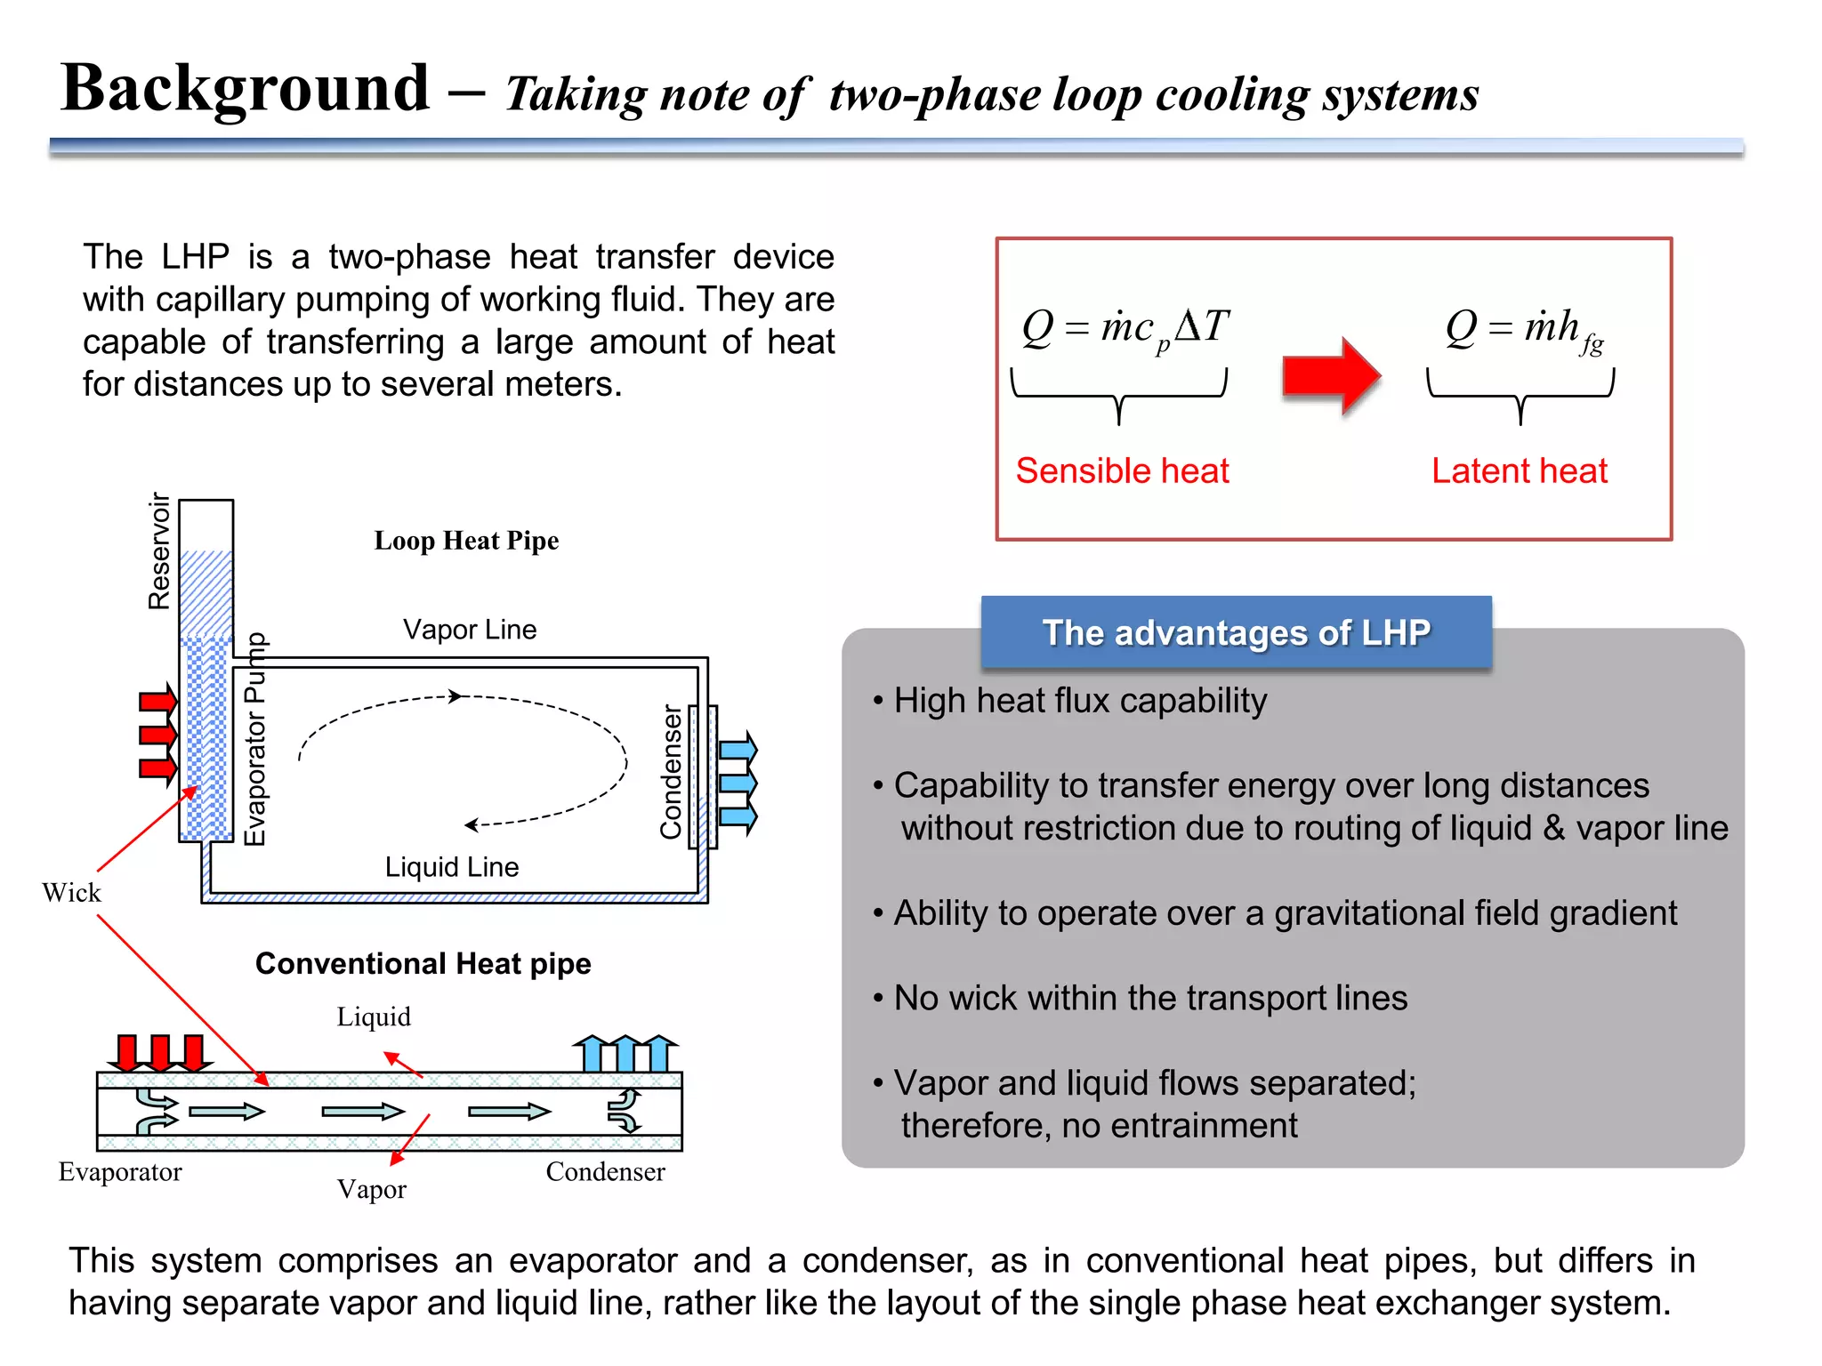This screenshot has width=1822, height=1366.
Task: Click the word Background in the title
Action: (x=246, y=89)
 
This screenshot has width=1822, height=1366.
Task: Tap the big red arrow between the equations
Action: (x=1330, y=376)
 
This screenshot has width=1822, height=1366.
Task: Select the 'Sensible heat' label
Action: (x=1122, y=470)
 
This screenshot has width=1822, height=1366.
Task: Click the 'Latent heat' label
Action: (x=1519, y=470)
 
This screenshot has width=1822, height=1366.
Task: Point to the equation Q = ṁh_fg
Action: (x=1523, y=329)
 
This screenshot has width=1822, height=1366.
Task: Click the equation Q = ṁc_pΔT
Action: (x=1125, y=328)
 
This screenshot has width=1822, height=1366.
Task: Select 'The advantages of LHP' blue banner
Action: (x=1236, y=632)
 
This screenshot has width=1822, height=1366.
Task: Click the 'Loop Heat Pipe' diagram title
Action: (x=466, y=541)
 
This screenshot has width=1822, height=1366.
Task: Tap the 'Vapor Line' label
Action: (x=470, y=630)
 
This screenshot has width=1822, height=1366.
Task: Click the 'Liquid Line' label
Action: (x=451, y=867)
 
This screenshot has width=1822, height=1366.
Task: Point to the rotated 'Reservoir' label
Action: (x=159, y=551)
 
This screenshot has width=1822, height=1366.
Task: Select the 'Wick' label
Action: (x=71, y=893)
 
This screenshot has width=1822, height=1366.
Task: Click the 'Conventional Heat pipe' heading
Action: (x=423, y=964)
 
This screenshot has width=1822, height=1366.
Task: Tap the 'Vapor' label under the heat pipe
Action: (x=371, y=1190)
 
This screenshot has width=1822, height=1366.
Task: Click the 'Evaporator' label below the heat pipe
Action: (x=120, y=1172)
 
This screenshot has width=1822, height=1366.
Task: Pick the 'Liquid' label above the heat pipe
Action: (x=374, y=1017)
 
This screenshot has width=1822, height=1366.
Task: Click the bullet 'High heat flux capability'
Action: (x=1079, y=701)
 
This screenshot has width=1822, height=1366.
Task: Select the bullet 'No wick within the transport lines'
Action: (x=1149, y=998)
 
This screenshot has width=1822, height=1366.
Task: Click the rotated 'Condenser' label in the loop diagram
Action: (x=671, y=772)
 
